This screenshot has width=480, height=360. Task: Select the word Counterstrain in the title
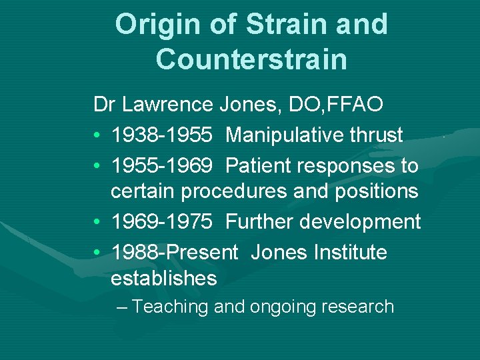tap(251, 59)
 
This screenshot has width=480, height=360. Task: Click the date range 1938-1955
tap(162, 135)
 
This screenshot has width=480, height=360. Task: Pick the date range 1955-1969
tap(162, 165)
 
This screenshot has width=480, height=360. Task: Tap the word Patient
tap(260, 165)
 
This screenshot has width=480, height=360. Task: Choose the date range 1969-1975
tap(162, 222)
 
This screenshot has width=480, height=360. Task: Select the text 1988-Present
tap(175, 252)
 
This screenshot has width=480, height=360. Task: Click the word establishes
tap(164, 278)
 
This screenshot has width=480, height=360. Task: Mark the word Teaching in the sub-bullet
tap(171, 307)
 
